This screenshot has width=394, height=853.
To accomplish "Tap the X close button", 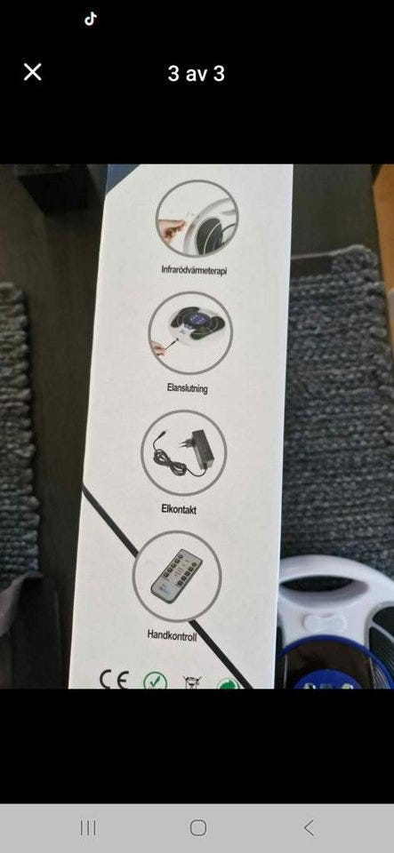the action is (33, 72).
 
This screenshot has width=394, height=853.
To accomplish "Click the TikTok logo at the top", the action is (91, 19).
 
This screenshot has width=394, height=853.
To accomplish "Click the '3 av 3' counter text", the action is (197, 74).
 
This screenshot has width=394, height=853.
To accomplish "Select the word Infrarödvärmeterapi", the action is (194, 270).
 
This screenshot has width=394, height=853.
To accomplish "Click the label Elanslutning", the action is (187, 388).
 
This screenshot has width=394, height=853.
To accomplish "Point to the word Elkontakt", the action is (179, 509).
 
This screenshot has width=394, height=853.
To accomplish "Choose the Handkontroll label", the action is (172, 634).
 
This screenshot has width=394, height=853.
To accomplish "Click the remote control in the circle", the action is (176, 576).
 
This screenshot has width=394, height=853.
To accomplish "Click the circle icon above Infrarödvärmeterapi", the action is (197, 219).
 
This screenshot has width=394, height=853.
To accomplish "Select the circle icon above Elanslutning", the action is (190, 333).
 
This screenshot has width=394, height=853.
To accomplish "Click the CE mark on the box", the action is (114, 680).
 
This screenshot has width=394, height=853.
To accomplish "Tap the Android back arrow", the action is (309, 827).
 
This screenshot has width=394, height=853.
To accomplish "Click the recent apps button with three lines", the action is (88, 827).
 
